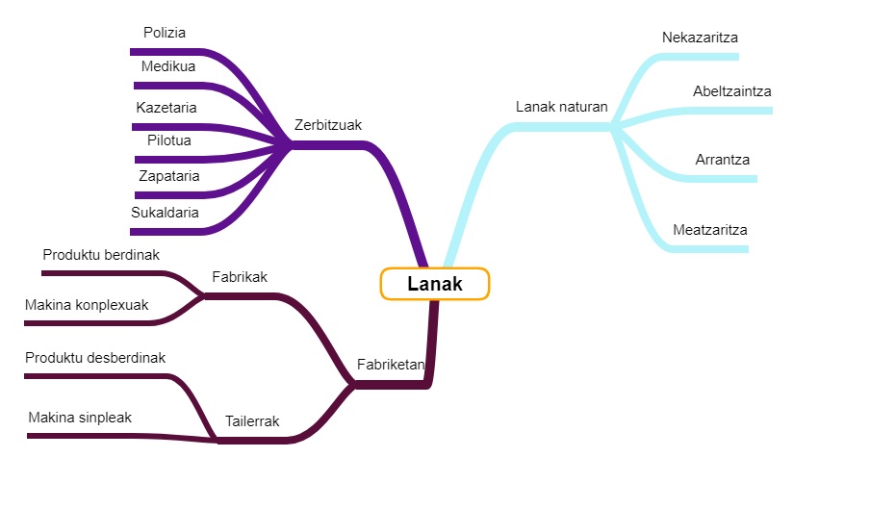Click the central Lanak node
pos(435,284)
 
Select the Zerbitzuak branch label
pos(328,125)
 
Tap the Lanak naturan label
pos(561,107)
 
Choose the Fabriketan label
pos(391,365)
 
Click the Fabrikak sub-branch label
pos(240,277)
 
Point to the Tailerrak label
pos(252,421)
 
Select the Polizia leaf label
pos(165,33)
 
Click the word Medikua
pos(168,66)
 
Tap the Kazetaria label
pos(166,107)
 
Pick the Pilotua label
pos(168,140)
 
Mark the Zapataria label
pos(168,176)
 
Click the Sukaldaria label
pos(165,213)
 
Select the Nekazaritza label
pos(700,38)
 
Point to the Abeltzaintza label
pos(732,91)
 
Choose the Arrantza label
pos(723,160)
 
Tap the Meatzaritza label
pos(710,230)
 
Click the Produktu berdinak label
pos(101,255)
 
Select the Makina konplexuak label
pos(87,305)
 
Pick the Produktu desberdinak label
pos(95,358)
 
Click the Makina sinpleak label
pos(80,418)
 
